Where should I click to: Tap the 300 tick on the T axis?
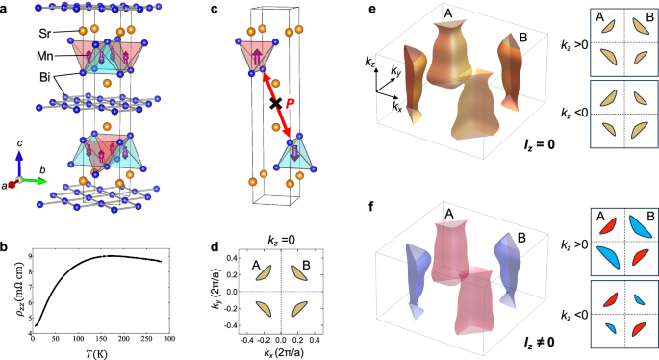pyautogui.click(x=168, y=339)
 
